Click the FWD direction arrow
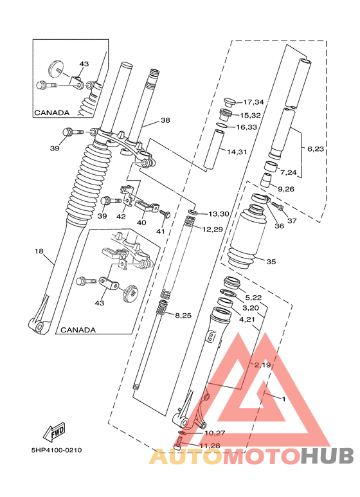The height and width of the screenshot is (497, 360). click(x=57, y=429)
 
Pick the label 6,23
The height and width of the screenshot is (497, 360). click(x=316, y=149)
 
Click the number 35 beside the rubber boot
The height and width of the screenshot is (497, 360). click(x=271, y=262)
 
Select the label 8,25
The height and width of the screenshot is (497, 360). click(x=184, y=315)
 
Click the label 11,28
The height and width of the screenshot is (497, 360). click(x=208, y=445)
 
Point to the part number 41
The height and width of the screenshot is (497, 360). click(x=161, y=231)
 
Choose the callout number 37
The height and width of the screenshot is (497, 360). click(x=292, y=221)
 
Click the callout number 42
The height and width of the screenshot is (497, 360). click(x=121, y=216)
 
